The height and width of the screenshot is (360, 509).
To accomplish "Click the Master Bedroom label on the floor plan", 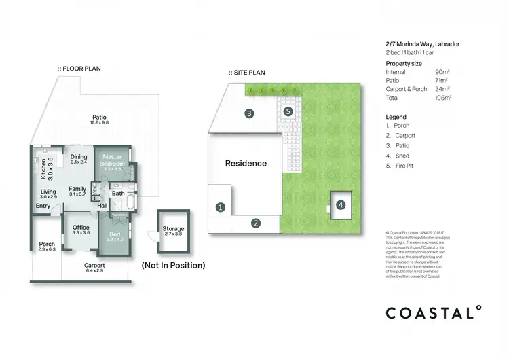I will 112,163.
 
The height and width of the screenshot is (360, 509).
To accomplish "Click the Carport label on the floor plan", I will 94,267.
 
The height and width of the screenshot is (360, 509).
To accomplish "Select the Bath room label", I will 118,194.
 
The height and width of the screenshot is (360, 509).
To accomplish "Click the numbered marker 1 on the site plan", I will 220,206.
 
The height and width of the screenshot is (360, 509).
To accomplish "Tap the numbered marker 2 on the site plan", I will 256,223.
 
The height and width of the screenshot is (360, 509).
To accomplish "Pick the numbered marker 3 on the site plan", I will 250,113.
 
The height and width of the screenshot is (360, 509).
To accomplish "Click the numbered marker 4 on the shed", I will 341,204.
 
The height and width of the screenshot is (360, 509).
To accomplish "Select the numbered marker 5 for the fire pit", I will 288,111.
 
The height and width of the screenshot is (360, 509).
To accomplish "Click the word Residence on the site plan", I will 246,163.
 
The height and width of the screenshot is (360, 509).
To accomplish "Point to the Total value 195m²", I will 443,98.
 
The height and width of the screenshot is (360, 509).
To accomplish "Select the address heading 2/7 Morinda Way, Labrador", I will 422,43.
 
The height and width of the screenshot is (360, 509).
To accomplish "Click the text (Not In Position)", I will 173,265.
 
